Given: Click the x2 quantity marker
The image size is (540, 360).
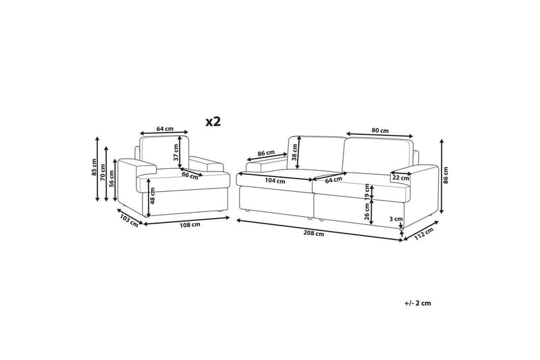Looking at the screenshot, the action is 213,122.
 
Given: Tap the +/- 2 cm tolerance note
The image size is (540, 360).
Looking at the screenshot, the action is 418,303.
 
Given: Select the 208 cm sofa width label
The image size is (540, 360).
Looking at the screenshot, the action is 313,234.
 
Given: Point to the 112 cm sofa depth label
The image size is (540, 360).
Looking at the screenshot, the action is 423,234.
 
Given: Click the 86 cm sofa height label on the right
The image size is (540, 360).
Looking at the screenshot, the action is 446,175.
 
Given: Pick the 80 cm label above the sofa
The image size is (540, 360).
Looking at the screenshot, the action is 380,130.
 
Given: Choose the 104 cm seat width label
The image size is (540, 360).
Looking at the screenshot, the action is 275,181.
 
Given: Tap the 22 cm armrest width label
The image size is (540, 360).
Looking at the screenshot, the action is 401,178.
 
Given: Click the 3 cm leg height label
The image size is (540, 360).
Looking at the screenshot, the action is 396,219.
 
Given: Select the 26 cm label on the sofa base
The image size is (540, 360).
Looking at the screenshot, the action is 367,211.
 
